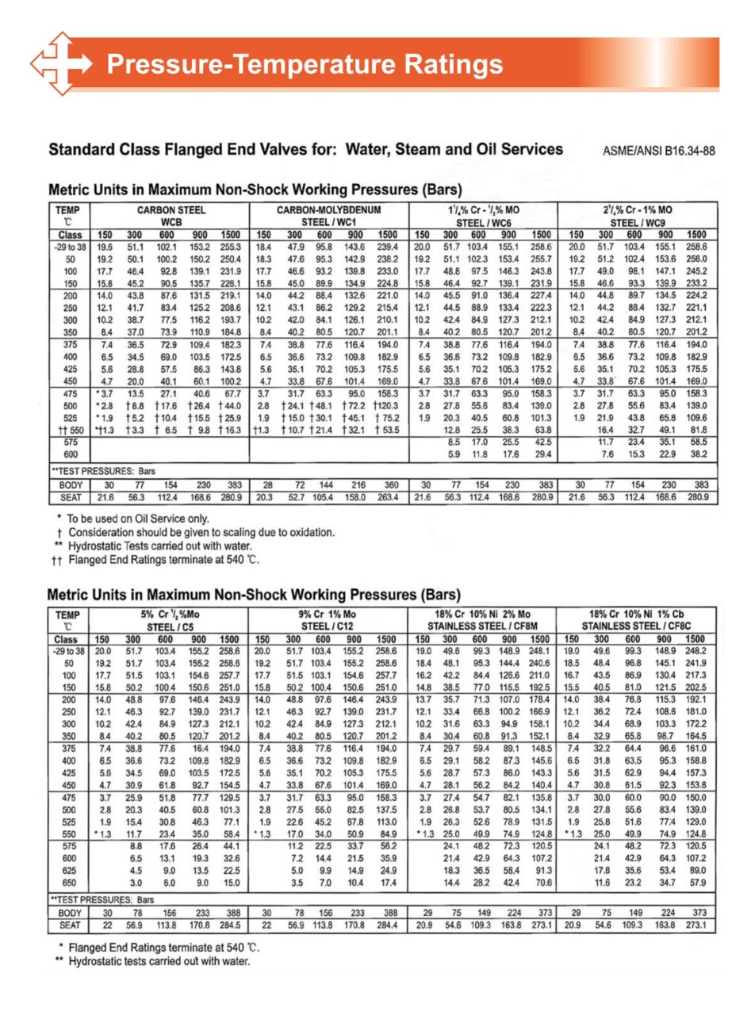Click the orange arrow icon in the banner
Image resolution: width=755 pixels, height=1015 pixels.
pyautogui.click(x=62, y=63)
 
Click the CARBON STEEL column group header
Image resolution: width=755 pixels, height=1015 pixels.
pyautogui.click(x=171, y=211)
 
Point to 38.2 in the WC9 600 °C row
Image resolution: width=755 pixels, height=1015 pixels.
pyautogui.click(x=698, y=454)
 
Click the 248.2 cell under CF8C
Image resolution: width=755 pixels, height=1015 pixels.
pyautogui.click(x=696, y=651)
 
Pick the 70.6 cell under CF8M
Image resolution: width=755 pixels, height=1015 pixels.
pyautogui.click(x=542, y=883)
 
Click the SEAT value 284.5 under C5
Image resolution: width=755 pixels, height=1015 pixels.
pyautogui.click(x=230, y=925)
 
